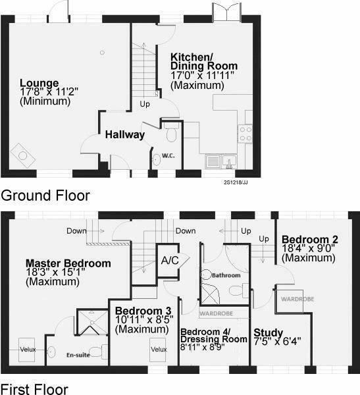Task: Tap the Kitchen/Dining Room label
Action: (203, 62)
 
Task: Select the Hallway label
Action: (124, 135)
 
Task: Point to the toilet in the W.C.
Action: (171, 134)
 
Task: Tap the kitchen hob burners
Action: (246, 134)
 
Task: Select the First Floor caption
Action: (34, 388)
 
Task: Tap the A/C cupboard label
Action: (169, 261)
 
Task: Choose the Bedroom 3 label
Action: (143, 311)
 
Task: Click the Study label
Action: (268, 332)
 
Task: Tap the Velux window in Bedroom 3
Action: (159, 349)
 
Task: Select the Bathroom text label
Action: (225, 275)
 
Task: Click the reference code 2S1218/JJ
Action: (235, 181)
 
